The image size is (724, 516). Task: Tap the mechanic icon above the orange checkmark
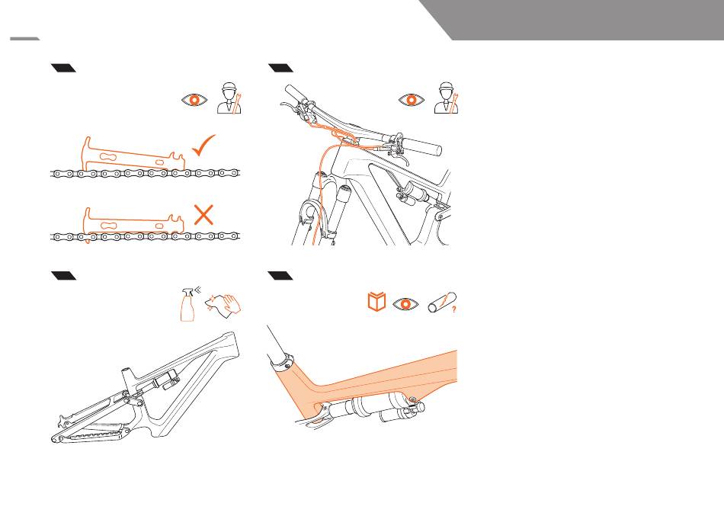click(229, 98)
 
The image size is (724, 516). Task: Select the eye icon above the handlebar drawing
click(411, 100)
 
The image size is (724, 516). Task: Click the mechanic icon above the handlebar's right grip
click(447, 98)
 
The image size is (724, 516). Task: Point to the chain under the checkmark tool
click(145, 173)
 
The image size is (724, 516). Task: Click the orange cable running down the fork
click(316, 198)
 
